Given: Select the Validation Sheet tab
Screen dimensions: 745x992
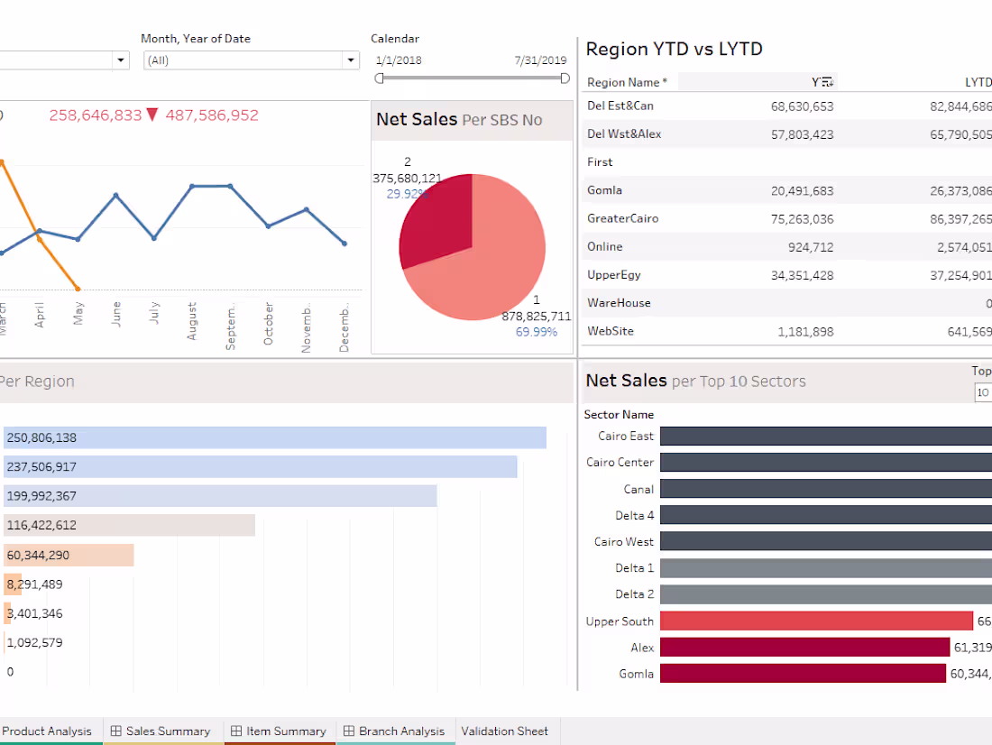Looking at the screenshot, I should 504,731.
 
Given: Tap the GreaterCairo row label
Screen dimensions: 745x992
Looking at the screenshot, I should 622,218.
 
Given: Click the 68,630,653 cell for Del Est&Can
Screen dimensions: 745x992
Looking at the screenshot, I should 802,106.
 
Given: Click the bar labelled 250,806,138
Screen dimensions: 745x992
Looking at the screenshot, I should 275,437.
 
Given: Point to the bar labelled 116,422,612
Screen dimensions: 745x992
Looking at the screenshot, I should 129,525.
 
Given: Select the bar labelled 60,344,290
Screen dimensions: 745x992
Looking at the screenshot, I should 69,555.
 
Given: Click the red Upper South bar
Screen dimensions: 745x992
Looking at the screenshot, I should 816,621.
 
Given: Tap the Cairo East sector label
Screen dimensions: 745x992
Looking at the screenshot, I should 625,436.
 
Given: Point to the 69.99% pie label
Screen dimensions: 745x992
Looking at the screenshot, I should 536,332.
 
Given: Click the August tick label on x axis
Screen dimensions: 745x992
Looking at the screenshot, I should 192,321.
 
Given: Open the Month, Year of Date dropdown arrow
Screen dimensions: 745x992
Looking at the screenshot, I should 351,60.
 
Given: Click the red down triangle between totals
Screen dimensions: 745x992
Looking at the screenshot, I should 152,115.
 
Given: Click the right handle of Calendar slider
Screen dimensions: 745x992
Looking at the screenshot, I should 565,78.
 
